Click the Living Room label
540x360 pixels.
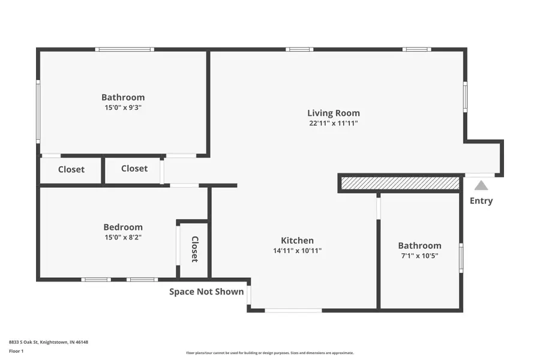334,113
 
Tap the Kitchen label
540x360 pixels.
297,241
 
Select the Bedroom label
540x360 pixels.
123,227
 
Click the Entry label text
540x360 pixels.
481,201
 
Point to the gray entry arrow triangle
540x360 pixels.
481,186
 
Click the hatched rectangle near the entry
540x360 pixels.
400,183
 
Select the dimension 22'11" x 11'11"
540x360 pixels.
334,124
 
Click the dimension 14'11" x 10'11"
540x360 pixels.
297,251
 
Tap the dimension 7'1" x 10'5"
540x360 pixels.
419,256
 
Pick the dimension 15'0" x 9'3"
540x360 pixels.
123,108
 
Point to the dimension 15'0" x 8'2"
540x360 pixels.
123,237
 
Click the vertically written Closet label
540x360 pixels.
194,249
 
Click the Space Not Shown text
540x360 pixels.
206,292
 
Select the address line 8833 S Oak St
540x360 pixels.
49,342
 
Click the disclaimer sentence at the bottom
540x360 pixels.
270,353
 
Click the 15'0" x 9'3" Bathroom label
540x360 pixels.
123,97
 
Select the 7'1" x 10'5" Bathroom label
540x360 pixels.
419,245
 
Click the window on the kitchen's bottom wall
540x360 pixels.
293,310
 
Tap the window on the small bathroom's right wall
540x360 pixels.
461,258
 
